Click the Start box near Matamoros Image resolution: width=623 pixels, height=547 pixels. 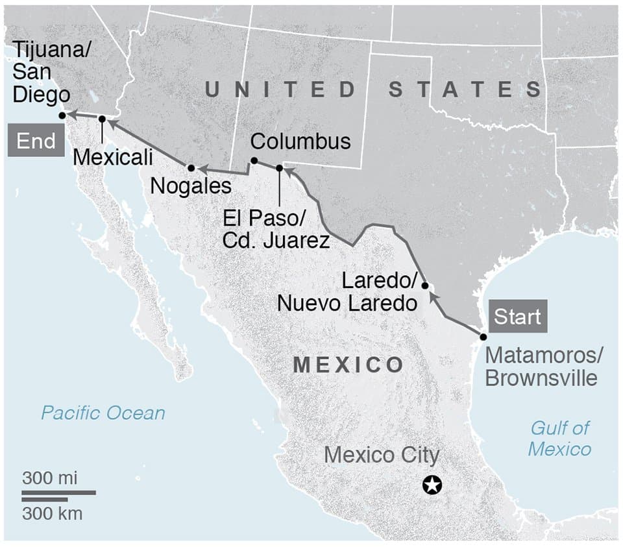point(517,317)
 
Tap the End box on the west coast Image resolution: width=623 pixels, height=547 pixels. point(36,141)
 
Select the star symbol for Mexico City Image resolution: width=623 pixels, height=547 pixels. point(432,484)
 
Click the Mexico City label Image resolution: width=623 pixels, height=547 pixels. point(382,455)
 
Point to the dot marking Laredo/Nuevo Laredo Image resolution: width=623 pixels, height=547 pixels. point(425,286)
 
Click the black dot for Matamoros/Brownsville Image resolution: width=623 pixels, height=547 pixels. point(483,337)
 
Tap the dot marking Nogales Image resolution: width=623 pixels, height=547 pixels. point(191,167)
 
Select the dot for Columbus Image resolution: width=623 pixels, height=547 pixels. point(254,161)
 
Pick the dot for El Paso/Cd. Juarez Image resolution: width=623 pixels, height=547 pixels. point(280,168)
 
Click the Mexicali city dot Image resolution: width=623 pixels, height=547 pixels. point(102,119)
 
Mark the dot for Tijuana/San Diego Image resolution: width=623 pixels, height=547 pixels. point(62,115)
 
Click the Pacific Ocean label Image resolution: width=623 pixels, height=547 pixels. point(103,413)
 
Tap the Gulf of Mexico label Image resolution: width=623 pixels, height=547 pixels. point(559,438)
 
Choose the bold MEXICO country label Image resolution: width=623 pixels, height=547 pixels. point(348,365)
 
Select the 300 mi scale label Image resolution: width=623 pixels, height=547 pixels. point(50,479)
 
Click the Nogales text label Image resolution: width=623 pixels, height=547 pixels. point(191,186)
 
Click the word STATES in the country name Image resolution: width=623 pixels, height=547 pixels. point(465,90)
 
